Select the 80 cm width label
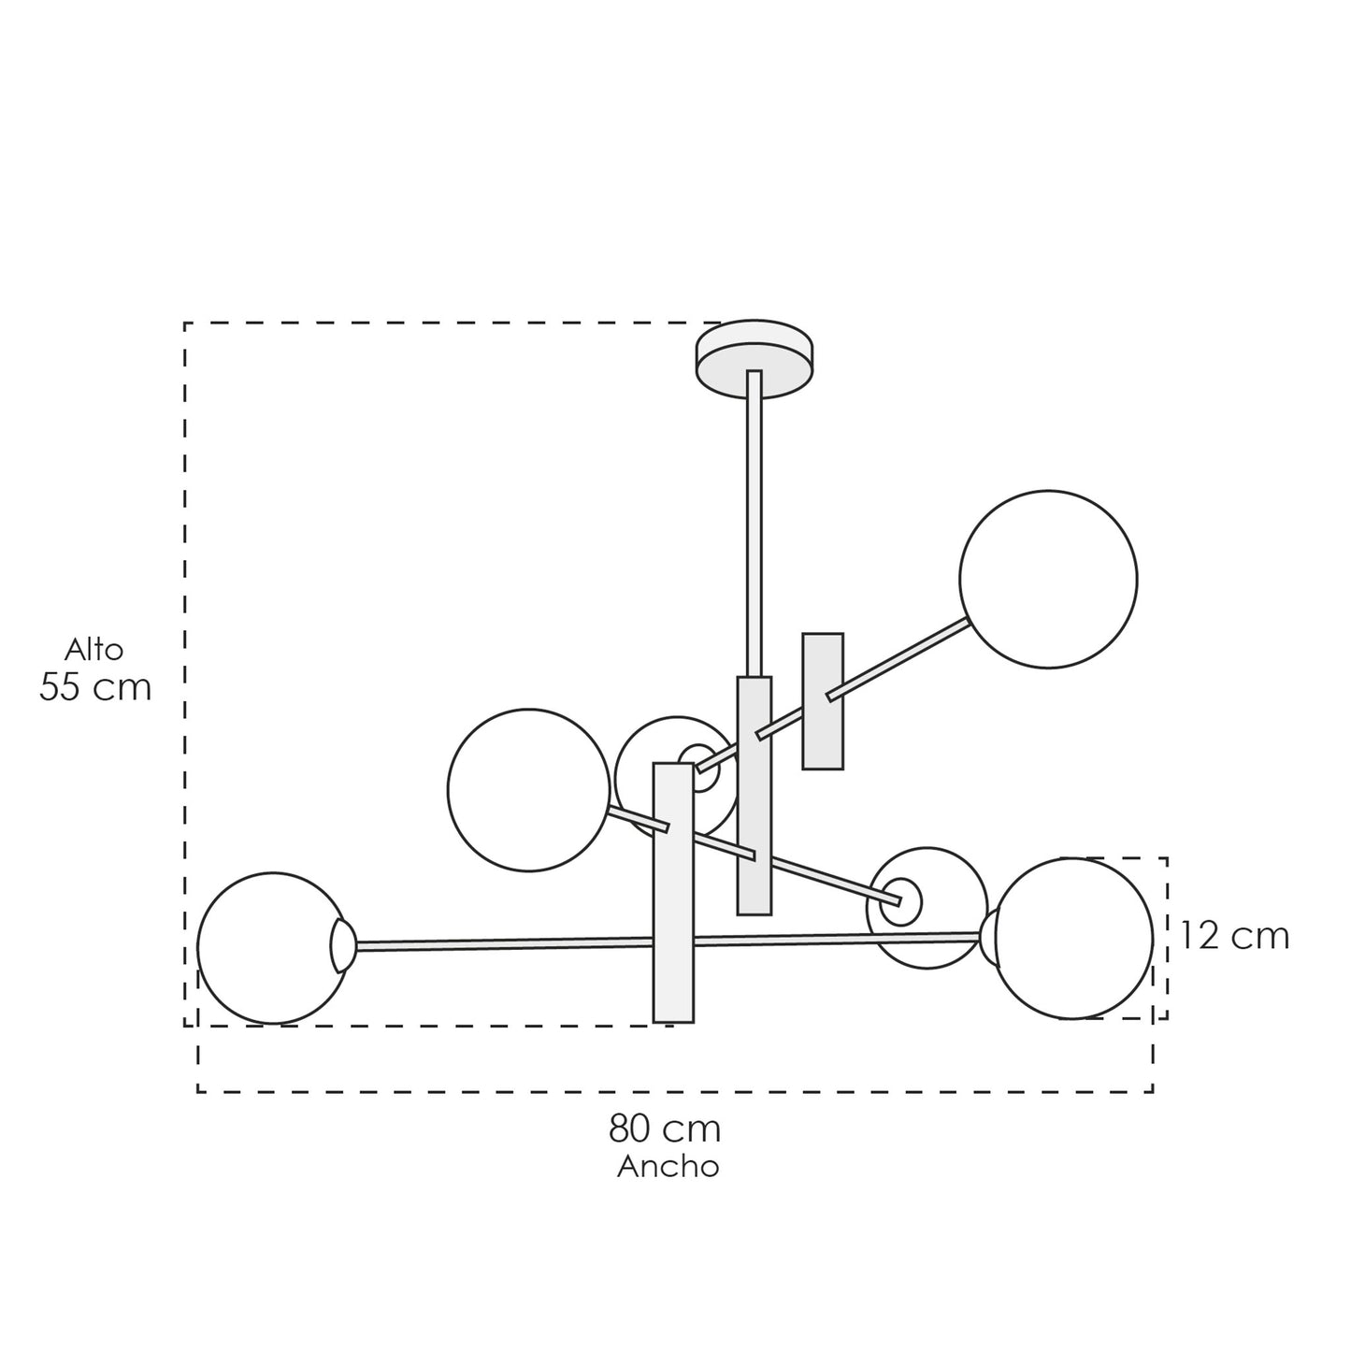(x=664, y=1128)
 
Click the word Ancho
(x=668, y=1166)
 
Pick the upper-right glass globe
(x=1048, y=579)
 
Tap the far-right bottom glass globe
(x=1073, y=938)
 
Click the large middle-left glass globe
(x=528, y=789)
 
